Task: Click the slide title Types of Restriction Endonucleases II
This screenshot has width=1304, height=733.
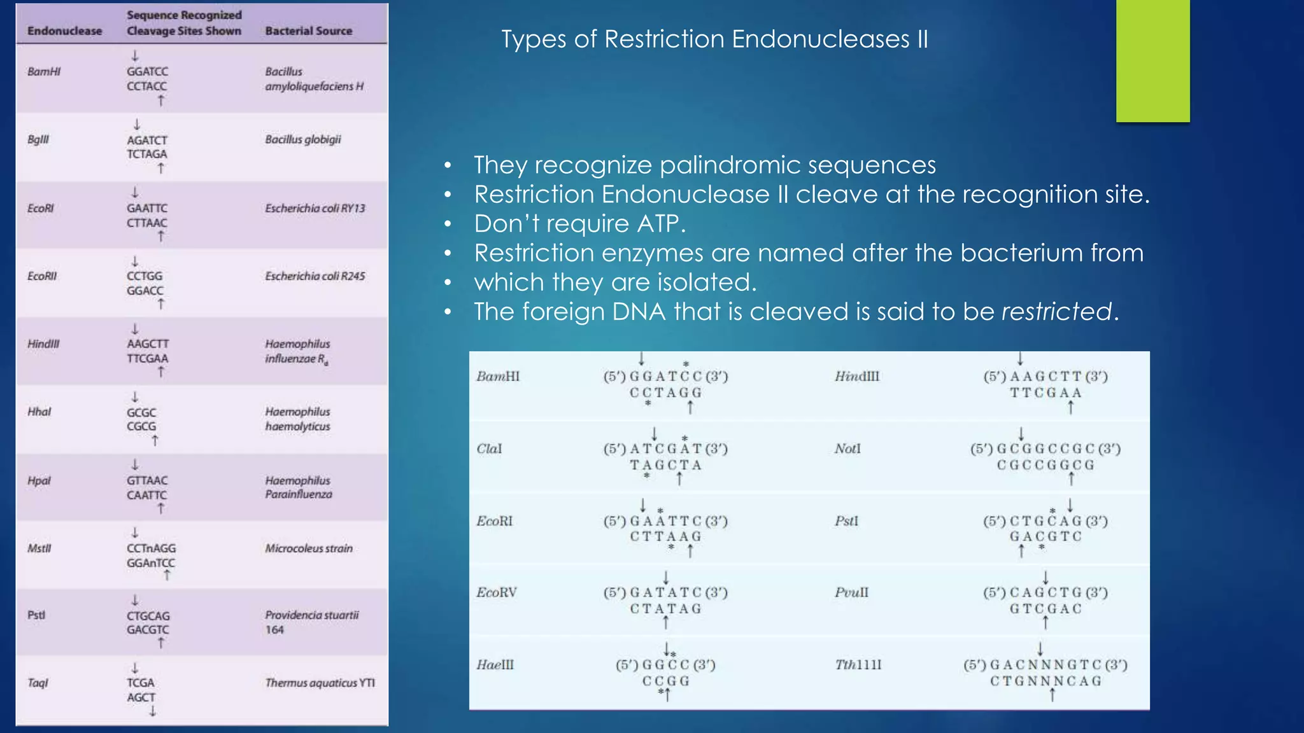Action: pos(714,39)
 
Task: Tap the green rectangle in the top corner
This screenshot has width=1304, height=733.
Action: pos(1152,60)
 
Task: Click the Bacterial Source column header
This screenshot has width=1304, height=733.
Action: pos(308,31)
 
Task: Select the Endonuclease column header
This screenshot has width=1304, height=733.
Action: pos(64,31)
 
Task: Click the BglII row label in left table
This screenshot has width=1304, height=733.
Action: pos(38,139)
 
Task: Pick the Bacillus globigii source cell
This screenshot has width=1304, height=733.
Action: pos(303,139)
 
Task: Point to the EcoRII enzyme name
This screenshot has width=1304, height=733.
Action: pos(42,276)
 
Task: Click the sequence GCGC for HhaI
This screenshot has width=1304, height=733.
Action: pos(141,412)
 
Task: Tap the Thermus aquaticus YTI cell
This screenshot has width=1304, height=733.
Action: pos(320,683)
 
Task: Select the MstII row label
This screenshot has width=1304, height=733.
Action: pos(39,548)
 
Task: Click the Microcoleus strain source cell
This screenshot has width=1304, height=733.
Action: pos(309,548)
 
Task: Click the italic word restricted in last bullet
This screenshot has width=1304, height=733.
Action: pos(1056,312)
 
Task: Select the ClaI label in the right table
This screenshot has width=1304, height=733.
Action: pos(489,449)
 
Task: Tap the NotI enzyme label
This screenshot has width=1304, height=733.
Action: pos(847,449)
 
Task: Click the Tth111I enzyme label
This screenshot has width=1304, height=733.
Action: pos(858,665)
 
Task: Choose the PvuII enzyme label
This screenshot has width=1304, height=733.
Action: pos(851,592)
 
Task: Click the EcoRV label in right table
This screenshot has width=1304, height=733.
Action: pos(497,592)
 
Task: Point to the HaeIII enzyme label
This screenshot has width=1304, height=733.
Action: pos(495,665)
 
